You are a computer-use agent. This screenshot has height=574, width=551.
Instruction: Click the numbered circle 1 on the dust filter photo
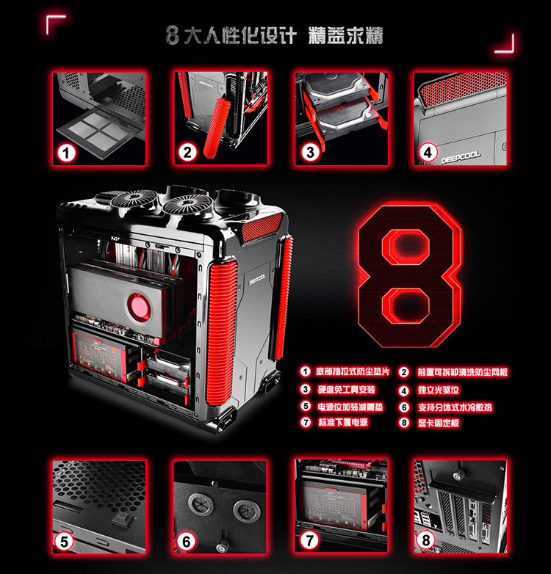(68, 153)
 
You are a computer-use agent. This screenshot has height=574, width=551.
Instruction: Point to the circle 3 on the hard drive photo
(310, 153)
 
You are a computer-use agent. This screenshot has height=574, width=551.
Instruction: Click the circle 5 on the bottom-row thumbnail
(65, 542)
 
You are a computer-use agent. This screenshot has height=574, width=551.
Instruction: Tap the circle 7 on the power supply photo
(310, 542)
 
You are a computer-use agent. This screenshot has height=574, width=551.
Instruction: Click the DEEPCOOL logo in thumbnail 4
(460, 155)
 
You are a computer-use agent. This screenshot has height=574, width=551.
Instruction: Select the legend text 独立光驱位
(438, 390)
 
